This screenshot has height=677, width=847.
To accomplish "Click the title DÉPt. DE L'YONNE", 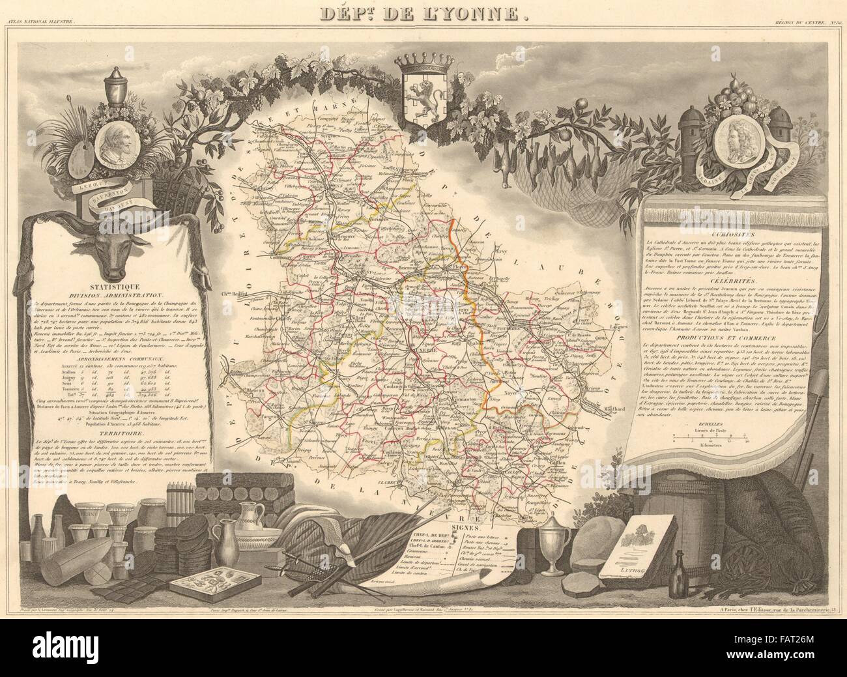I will click(x=423, y=13).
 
